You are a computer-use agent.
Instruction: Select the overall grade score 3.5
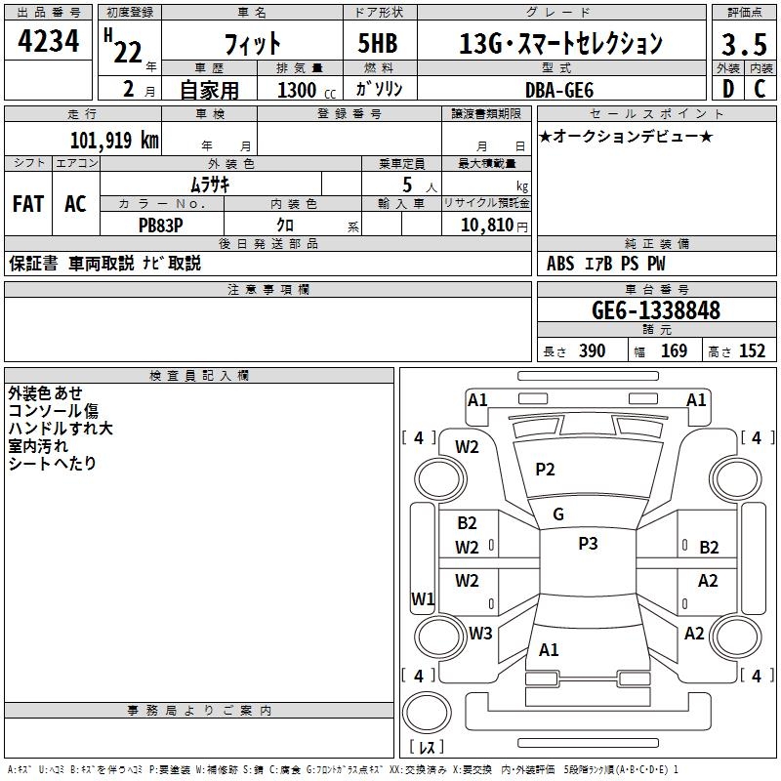743,45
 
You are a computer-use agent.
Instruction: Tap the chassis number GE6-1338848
656,310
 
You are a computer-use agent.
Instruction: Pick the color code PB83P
160,224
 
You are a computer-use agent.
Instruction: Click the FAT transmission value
27,204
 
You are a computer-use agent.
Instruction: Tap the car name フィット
252,44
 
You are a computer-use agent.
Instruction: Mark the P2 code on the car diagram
545,470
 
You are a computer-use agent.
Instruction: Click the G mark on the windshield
558,514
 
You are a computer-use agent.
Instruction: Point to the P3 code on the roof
588,544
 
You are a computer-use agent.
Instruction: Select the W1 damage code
422,598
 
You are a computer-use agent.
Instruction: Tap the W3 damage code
479,634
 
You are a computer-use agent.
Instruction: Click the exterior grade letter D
727,90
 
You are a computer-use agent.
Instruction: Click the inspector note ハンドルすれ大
61,428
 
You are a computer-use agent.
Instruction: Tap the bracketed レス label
426,747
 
